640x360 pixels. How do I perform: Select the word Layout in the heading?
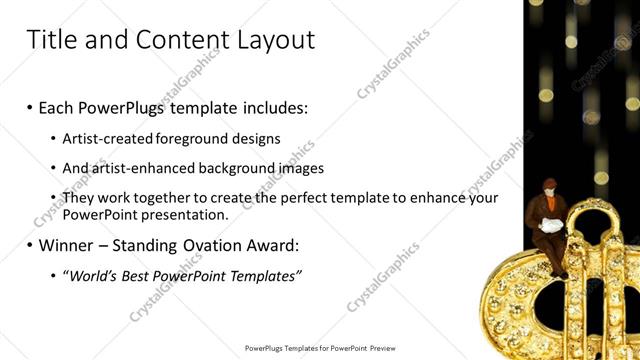270,40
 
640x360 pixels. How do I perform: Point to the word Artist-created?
107,139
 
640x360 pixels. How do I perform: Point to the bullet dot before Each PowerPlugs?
30,107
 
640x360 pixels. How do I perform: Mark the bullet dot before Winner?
30,245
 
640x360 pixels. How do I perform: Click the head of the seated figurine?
549,186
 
